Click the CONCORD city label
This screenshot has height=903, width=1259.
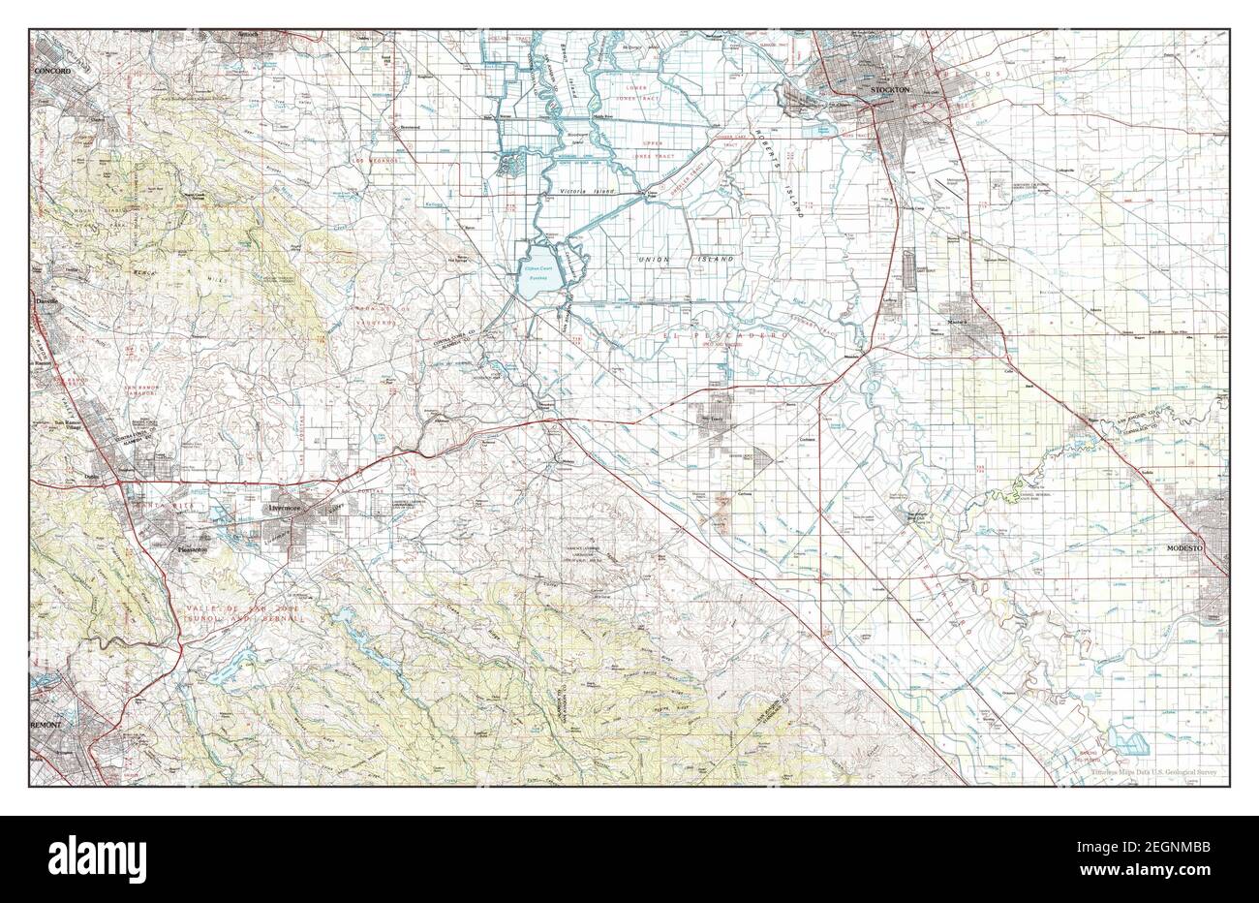pos(53,72)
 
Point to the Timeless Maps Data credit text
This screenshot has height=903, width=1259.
pos(1154,772)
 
